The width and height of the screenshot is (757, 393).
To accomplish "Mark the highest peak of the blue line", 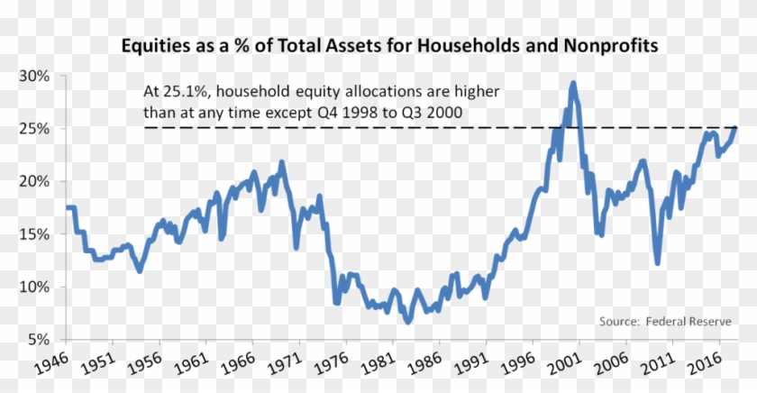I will pos(573,83).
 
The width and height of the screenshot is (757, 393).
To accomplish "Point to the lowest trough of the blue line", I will pos(408,322).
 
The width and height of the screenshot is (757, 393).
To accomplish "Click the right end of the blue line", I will pos(735,128).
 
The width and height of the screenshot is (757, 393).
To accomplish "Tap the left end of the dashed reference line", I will pos(145,128).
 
